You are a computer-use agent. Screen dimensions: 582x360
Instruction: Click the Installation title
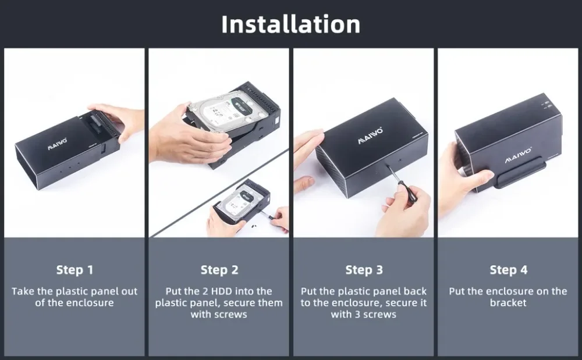[x=290, y=24]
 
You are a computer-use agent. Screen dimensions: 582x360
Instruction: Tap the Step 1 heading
[x=74, y=270]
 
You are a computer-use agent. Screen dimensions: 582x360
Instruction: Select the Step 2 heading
[x=219, y=270]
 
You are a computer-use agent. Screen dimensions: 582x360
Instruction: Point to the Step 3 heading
[x=364, y=270]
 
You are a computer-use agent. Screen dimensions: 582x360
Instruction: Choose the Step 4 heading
[x=508, y=270]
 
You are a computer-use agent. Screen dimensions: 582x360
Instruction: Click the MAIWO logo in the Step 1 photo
[x=57, y=144]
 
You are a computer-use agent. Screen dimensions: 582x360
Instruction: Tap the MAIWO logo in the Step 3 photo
[x=370, y=136]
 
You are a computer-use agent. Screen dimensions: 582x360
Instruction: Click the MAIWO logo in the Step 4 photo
[x=518, y=155]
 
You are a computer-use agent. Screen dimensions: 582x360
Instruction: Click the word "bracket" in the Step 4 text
[x=508, y=302]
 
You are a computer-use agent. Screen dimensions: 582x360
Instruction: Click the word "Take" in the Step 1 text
[x=23, y=291]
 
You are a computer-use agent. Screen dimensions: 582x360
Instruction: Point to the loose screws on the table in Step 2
[x=254, y=224]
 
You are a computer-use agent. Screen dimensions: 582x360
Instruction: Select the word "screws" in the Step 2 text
[x=233, y=315]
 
